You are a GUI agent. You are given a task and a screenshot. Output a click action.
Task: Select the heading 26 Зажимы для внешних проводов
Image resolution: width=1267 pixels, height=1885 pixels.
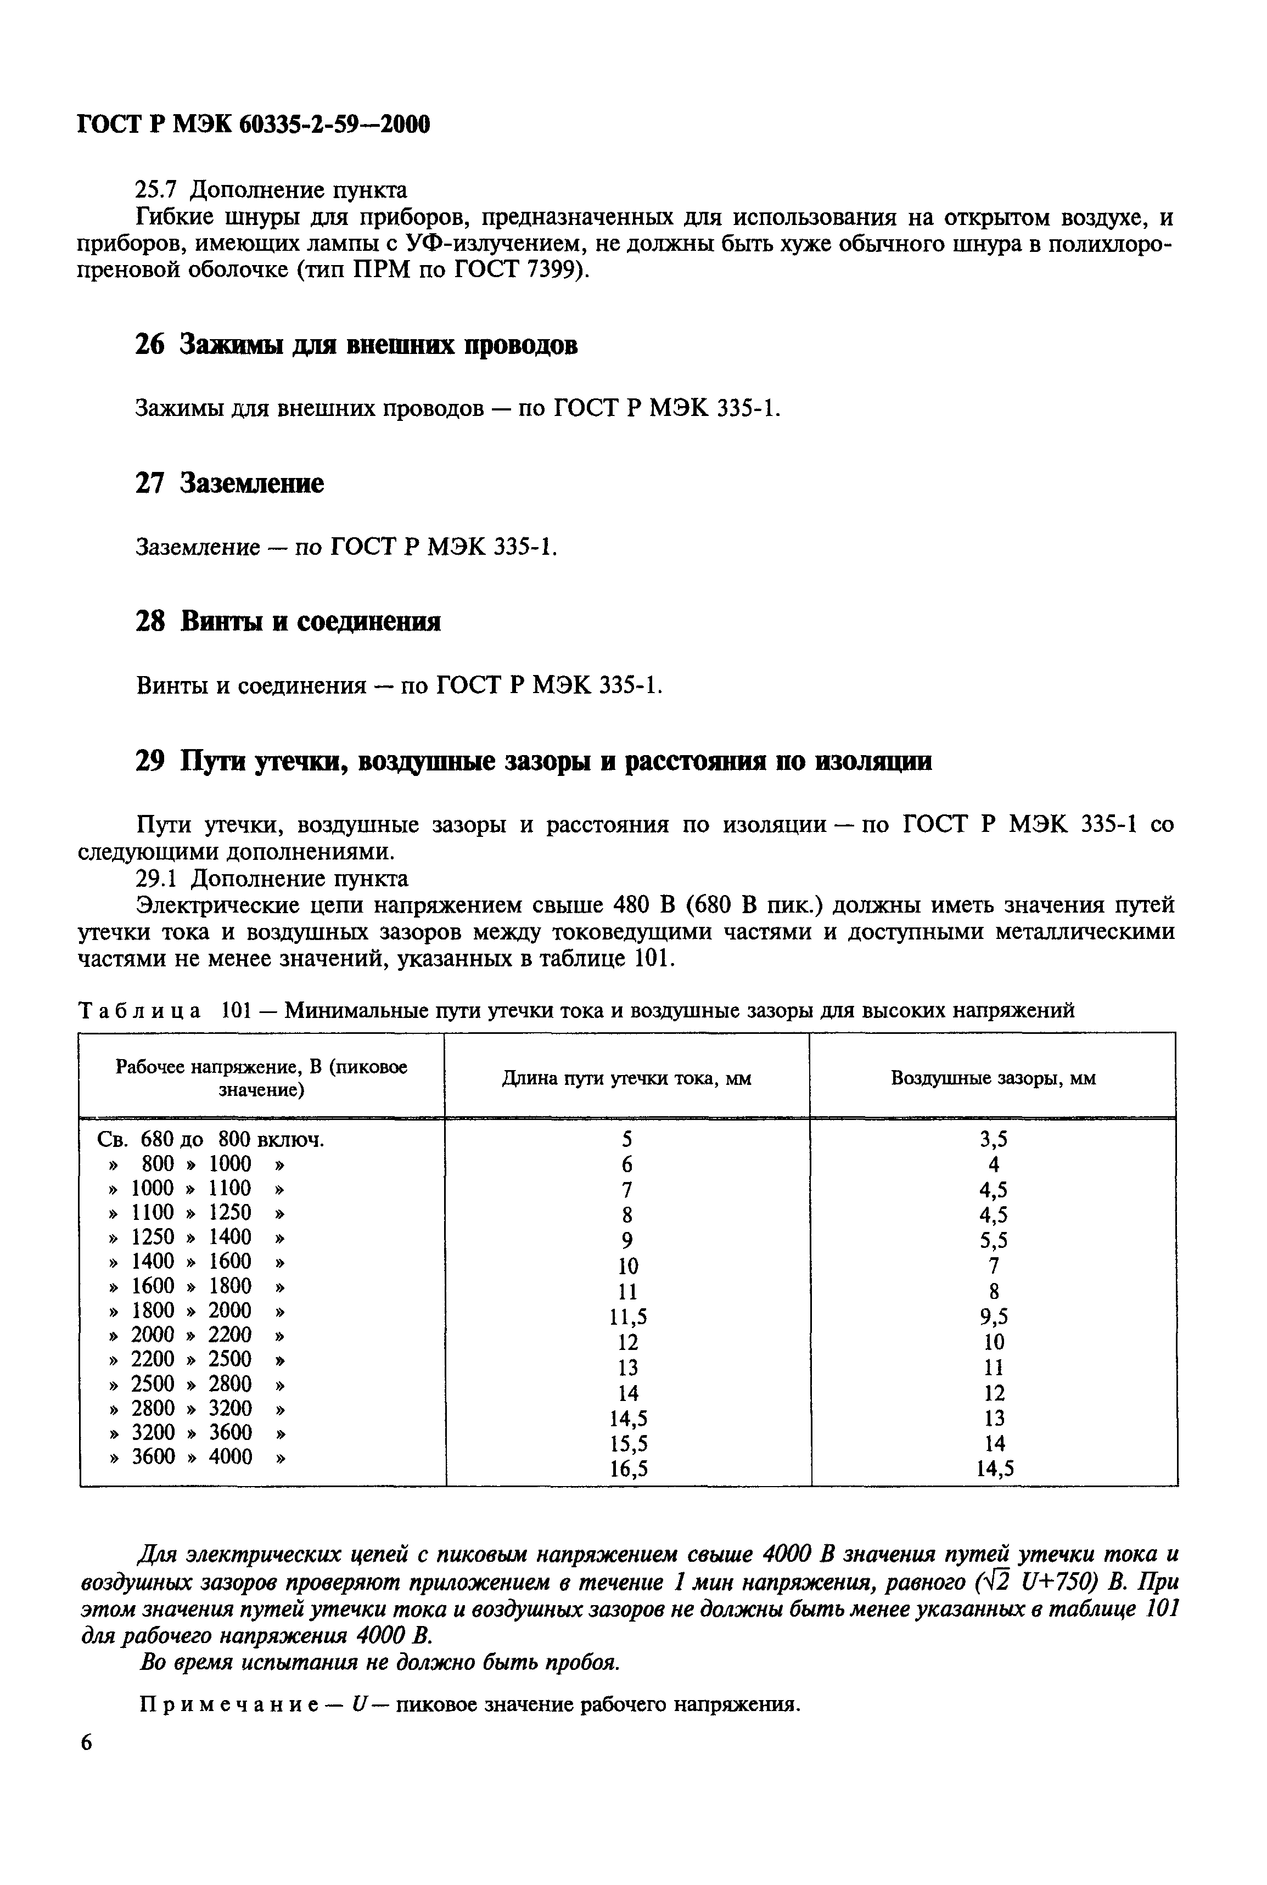point(356,345)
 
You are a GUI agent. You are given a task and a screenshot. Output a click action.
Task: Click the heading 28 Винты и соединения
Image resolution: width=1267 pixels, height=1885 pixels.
point(288,621)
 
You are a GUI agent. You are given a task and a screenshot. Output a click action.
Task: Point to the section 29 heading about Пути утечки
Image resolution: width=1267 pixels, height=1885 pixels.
point(532,761)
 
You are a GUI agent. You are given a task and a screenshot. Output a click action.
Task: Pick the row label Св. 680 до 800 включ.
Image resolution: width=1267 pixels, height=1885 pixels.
point(210,1140)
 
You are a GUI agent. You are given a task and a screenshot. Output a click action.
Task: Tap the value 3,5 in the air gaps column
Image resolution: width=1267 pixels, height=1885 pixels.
point(993,1140)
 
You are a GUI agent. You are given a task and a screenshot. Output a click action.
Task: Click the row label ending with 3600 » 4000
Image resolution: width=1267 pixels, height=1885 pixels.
point(198,1457)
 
